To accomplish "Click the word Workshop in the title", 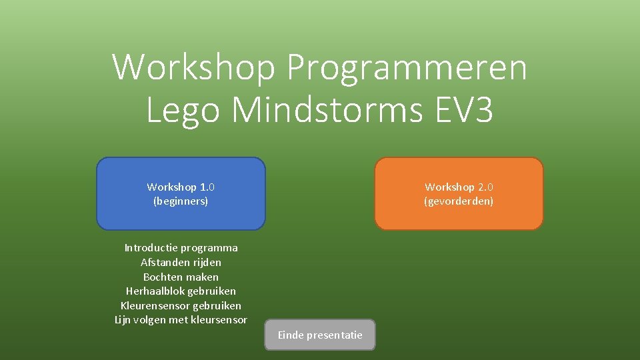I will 194,67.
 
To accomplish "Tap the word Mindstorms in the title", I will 327,110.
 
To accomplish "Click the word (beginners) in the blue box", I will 181,201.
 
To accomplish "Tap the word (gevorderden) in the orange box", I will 459,201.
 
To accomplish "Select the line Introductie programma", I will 181,248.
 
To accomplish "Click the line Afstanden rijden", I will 181,263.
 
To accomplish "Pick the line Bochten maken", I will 181,277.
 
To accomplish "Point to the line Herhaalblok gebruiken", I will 181,291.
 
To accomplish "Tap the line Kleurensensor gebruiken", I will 181,305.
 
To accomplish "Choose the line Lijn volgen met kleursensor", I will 181,320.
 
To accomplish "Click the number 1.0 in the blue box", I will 207,187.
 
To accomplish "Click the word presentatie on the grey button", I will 335,335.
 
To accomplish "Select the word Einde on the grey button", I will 290,335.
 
